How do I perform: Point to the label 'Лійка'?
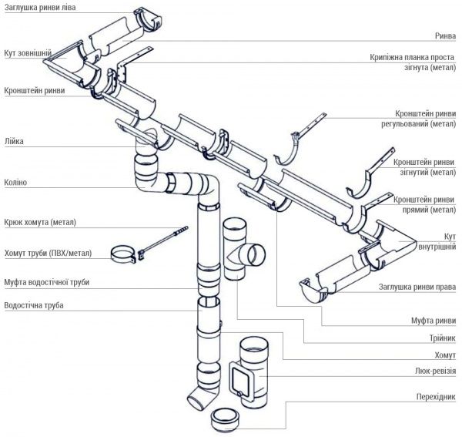click(x=14, y=140)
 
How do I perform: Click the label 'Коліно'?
click(x=15, y=183)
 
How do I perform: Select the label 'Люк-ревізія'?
click(x=434, y=371)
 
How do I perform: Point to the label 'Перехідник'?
click(x=436, y=397)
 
